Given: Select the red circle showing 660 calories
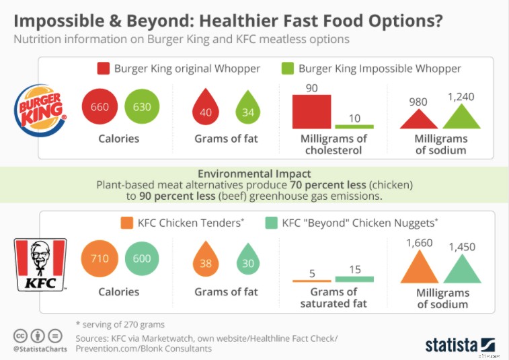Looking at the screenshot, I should click(100, 107).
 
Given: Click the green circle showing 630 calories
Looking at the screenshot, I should click(142, 107).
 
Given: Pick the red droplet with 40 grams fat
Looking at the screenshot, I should click(206, 110).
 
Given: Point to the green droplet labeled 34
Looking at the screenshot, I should click(248, 110).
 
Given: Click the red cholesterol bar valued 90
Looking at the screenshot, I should click(311, 111).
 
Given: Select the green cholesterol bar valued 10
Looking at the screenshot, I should click(354, 127).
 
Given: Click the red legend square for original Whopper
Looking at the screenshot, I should click(103, 69).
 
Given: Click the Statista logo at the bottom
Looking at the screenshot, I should click(460, 344).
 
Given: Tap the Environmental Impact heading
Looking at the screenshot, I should click(254, 172).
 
